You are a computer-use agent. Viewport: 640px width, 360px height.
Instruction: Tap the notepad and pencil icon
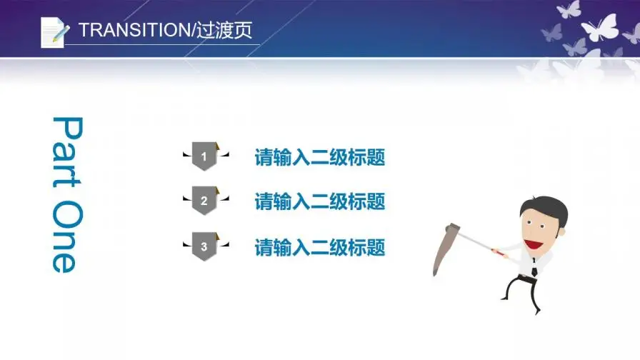coord(54,31)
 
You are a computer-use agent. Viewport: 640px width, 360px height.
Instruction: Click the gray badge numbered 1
coord(204,156)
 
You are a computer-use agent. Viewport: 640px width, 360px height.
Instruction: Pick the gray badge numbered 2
coord(204,201)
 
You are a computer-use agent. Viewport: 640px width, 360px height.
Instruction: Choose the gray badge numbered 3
coord(204,247)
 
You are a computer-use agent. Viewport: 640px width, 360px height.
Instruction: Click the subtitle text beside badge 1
coord(319,157)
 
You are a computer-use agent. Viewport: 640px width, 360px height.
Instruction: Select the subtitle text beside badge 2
coord(319,201)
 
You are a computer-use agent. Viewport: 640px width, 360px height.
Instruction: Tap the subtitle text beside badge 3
coord(319,247)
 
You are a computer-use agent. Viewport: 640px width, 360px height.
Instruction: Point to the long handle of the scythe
coord(475,241)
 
